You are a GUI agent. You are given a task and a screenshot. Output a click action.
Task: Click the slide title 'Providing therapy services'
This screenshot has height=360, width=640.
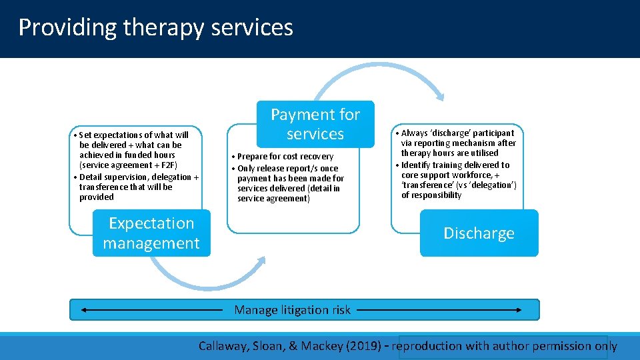pos(155,27)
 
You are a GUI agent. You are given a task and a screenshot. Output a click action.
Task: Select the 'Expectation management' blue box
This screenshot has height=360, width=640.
pos(151,233)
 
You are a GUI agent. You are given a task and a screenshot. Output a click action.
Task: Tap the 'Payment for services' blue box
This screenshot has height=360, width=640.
pos(315,125)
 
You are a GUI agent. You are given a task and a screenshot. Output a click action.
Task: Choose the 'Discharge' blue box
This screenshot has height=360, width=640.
pos(479,233)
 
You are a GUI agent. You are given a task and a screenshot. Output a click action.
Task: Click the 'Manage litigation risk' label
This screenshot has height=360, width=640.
pos(292,310)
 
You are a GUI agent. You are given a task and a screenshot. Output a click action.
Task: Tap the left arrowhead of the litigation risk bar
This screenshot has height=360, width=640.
pos(82,310)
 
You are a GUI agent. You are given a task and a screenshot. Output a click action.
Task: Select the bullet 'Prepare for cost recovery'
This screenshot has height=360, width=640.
pos(285,157)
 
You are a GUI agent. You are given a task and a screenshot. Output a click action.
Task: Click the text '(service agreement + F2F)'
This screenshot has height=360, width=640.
pos(128,165)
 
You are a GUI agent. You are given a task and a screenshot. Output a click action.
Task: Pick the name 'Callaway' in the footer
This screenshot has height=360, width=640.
pos(223,346)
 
